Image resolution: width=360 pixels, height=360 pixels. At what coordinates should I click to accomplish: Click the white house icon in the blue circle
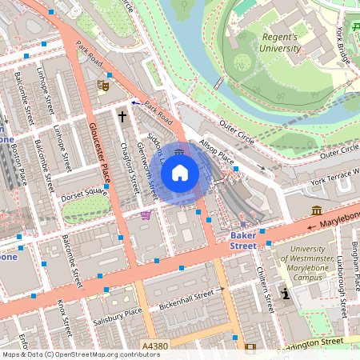point(180,172)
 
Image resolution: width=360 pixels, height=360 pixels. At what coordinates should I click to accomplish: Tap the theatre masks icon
point(102,83)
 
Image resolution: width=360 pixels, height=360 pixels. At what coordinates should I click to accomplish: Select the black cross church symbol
point(122,117)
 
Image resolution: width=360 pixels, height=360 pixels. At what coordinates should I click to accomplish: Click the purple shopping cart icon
point(146,214)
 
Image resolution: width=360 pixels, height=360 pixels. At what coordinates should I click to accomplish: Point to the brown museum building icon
point(317,210)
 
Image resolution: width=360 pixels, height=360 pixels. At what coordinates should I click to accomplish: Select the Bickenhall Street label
point(189,296)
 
